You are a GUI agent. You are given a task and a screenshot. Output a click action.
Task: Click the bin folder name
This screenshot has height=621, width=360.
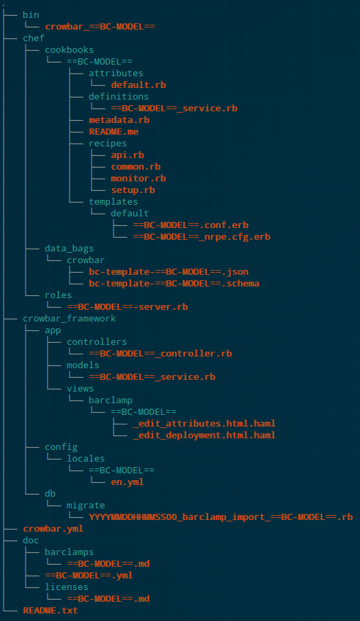click(x=31, y=15)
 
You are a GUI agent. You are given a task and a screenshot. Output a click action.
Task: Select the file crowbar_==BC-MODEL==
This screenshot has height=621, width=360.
click(x=100, y=27)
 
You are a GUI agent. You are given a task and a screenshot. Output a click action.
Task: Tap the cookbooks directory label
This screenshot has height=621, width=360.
click(x=69, y=50)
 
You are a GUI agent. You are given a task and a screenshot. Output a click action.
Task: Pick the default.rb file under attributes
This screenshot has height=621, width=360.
click(x=138, y=84)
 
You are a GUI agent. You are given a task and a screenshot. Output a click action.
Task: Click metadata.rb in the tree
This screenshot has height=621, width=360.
click(x=119, y=120)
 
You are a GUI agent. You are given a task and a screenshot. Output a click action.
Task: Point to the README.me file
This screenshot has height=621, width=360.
click(x=113, y=131)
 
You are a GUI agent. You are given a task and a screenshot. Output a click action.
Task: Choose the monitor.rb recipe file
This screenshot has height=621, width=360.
click(x=138, y=178)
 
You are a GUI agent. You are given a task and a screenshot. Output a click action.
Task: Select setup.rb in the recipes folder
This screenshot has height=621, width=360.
click(x=133, y=190)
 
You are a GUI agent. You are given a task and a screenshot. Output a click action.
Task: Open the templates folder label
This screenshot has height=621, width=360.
click(x=113, y=201)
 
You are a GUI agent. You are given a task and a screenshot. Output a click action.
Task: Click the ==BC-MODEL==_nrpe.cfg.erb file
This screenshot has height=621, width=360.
click(x=201, y=237)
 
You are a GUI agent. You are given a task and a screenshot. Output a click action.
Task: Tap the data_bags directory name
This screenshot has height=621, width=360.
click(x=69, y=248)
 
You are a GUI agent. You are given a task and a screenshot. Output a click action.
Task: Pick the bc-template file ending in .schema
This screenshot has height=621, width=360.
click(x=175, y=284)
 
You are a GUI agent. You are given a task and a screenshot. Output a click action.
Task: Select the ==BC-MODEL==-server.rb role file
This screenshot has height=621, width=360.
click(x=128, y=307)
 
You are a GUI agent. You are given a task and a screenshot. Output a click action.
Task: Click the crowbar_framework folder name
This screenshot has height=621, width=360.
click(x=69, y=319)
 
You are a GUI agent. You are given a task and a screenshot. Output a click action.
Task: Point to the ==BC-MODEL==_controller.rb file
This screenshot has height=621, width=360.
click(x=160, y=354)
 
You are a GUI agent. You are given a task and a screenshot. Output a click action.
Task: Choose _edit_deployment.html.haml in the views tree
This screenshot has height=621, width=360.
click(x=204, y=436)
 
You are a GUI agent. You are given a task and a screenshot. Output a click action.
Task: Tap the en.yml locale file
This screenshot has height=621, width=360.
click(x=127, y=482)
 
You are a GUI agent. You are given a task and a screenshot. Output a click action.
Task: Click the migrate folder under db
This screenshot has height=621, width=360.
click(x=86, y=506)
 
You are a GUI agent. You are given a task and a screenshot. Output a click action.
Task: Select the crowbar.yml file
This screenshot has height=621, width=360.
click(x=53, y=529)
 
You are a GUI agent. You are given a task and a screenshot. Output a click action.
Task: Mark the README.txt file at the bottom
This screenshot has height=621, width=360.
click(x=50, y=611)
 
